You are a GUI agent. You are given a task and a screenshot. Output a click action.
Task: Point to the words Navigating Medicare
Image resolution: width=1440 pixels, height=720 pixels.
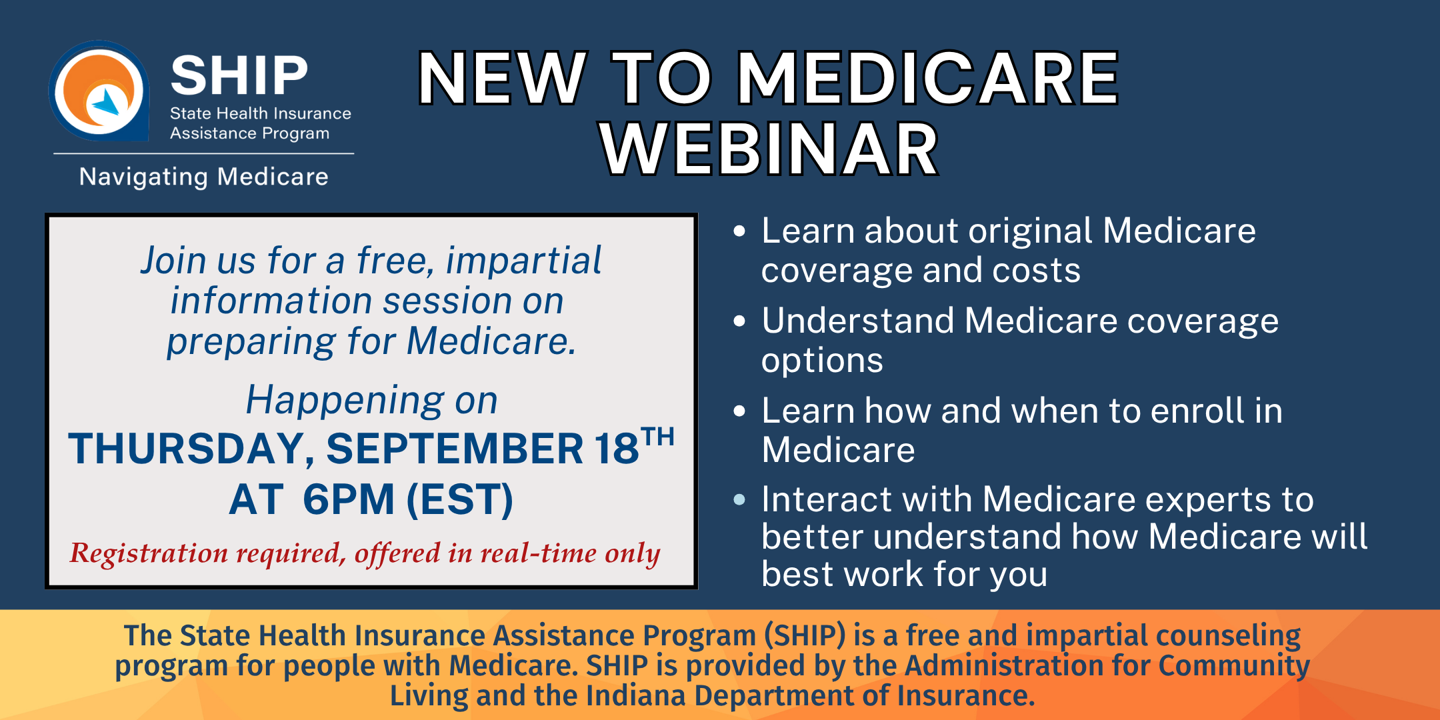[x=203, y=177]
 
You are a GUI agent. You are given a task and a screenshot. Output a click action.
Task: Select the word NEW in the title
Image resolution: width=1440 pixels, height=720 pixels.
[x=502, y=79]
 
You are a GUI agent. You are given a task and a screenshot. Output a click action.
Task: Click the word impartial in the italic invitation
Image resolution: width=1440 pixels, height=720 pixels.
[x=523, y=260]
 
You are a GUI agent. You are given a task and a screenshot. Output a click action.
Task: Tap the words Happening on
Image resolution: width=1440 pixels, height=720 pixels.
[x=371, y=400]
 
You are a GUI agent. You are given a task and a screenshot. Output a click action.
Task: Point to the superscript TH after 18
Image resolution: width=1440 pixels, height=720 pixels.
[x=657, y=437]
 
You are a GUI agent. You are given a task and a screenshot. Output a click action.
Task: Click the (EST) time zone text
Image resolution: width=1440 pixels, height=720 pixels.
[x=460, y=499]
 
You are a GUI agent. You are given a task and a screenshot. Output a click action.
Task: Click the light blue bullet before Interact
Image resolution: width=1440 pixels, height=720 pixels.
[x=739, y=499]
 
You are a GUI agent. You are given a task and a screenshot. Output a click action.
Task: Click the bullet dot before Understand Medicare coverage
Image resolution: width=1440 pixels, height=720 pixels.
[x=739, y=321]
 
